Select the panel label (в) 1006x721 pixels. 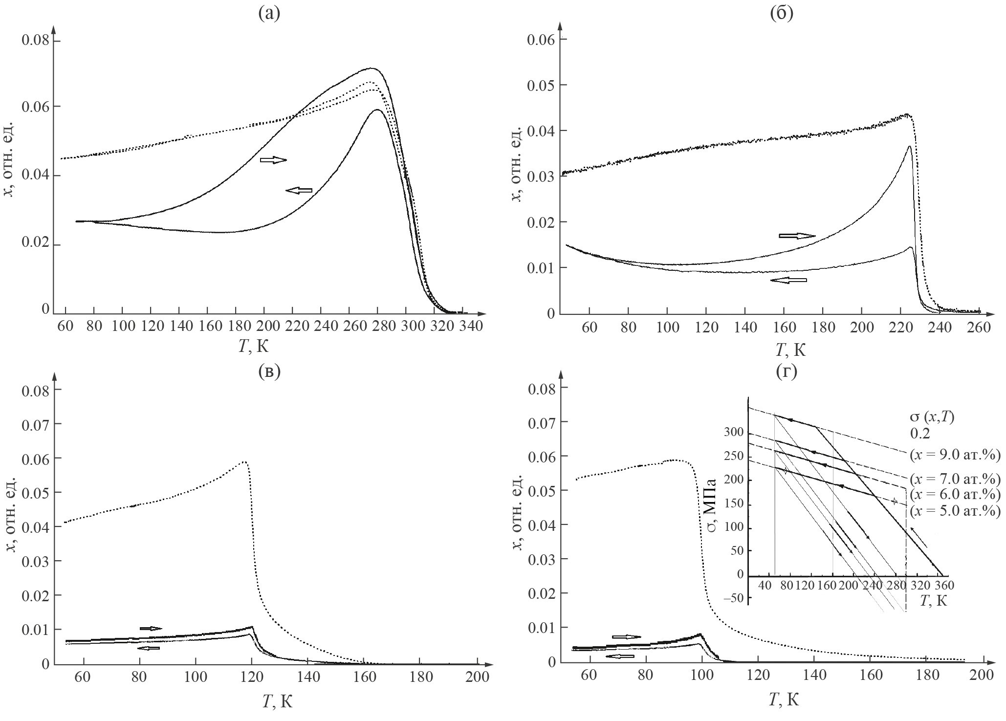(269, 371)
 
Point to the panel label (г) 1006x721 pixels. (786, 371)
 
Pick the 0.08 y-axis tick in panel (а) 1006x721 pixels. (35, 39)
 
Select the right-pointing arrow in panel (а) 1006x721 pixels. (273, 160)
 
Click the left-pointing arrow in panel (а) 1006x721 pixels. (299, 191)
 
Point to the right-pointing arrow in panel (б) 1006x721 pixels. (797, 236)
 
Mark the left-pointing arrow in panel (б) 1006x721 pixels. (788, 280)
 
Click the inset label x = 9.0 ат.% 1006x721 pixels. (955, 455)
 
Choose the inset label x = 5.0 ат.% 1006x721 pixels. (955, 511)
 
